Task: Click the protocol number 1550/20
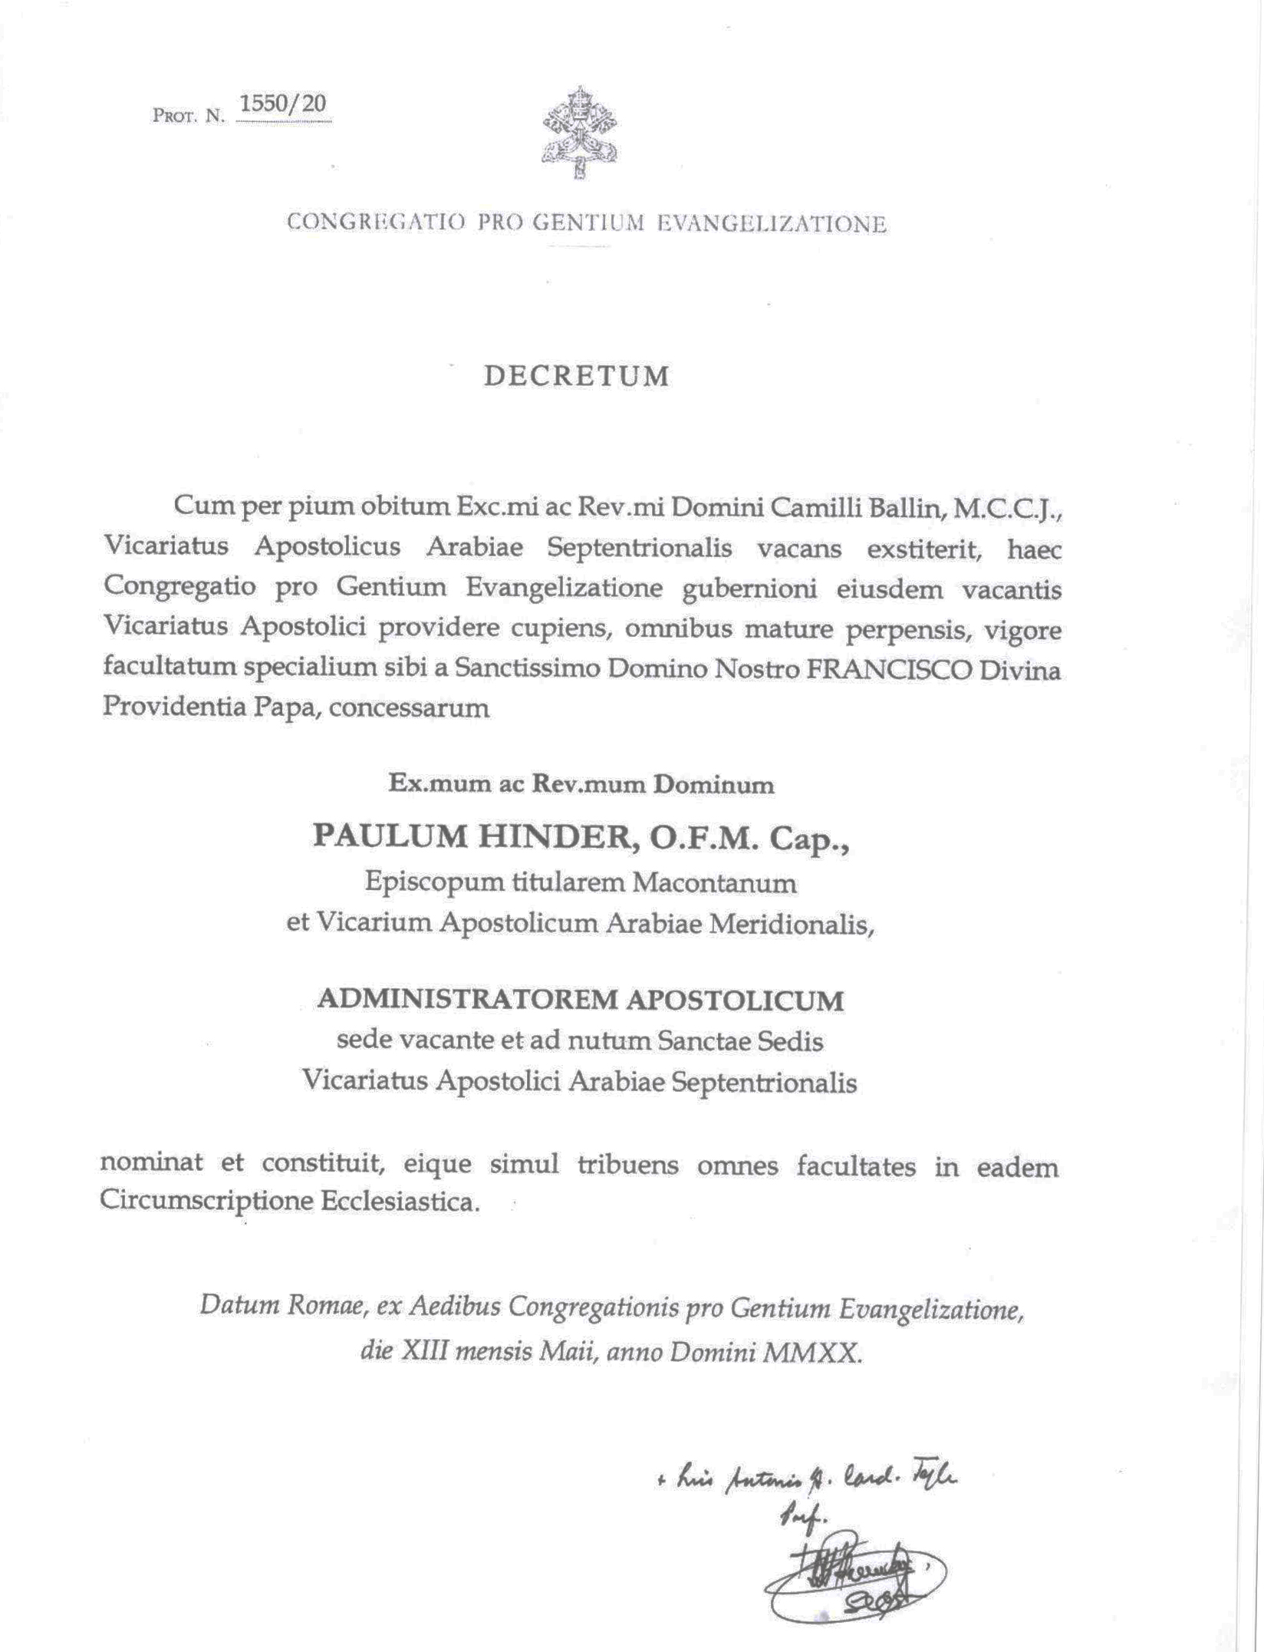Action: [283, 104]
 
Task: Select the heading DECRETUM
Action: [577, 377]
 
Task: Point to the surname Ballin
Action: [906, 507]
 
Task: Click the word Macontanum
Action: [714, 883]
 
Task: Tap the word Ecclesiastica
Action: [400, 1201]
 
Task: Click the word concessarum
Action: [410, 707]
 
